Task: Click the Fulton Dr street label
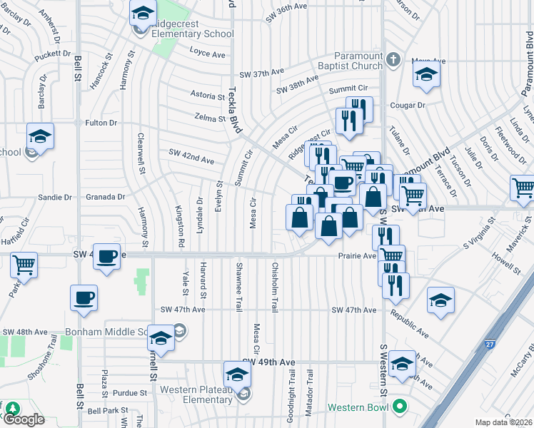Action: click(x=101, y=123)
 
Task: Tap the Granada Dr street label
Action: click(x=106, y=197)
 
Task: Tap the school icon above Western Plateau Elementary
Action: click(x=237, y=374)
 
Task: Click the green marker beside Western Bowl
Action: click(x=398, y=407)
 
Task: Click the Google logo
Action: click(x=24, y=419)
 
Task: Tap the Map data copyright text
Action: click(x=503, y=422)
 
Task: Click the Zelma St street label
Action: click(x=209, y=116)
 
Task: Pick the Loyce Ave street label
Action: click(x=207, y=53)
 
